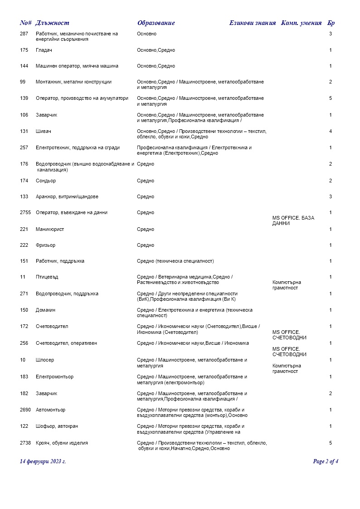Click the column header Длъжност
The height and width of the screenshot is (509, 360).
(x=52, y=23)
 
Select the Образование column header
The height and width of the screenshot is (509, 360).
(x=156, y=23)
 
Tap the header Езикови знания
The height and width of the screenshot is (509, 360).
(x=252, y=23)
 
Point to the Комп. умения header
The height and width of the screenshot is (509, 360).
(x=302, y=23)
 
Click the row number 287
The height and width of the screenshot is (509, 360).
(x=24, y=34)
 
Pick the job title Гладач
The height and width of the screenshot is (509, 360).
(x=44, y=50)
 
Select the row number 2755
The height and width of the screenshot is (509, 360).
(x=25, y=213)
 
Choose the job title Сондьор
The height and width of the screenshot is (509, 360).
(x=46, y=181)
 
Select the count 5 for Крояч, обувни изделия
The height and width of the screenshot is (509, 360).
(x=331, y=443)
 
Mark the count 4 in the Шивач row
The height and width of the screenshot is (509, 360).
(x=331, y=132)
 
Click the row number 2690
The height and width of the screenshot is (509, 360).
(x=25, y=410)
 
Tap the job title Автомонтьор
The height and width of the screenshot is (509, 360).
(x=50, y=410)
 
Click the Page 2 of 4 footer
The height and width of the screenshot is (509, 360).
(x=326, y=462)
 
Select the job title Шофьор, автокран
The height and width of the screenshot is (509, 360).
(x=55, y=426)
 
